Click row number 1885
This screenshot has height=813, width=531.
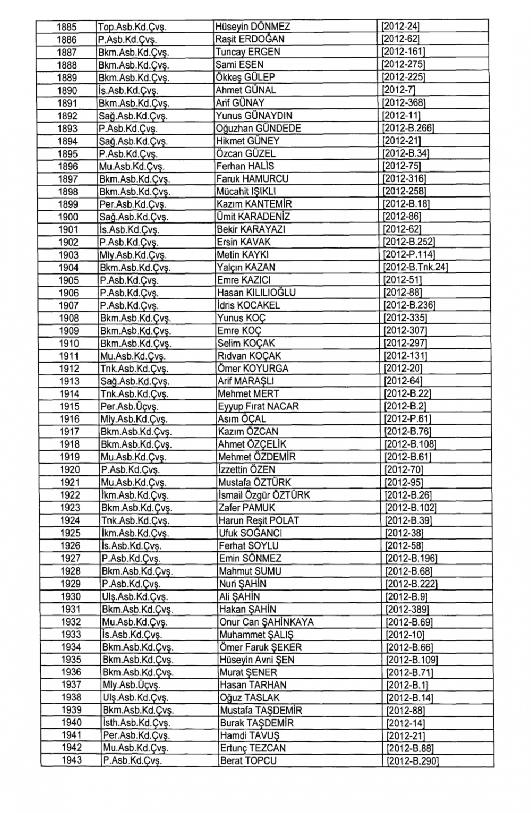coord(67,27)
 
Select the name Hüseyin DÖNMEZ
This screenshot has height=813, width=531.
coord(253,27)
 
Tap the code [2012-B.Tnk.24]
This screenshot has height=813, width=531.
coord(415,267)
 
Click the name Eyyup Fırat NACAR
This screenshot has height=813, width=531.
coord(258,406)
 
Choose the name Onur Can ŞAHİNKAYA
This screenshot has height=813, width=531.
coord(266,622)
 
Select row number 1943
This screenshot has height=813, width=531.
coord(71,760)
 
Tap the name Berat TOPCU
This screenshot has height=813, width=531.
coord(248,760)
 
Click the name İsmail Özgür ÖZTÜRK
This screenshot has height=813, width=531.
coord(264,495)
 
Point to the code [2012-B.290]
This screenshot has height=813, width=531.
coord(413,760)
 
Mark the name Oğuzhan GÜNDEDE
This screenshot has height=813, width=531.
coord(258,128)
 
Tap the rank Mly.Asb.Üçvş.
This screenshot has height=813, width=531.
coord(128,685)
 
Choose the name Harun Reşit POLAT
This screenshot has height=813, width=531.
coord(259,520)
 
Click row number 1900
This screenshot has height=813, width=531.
coord(68,217)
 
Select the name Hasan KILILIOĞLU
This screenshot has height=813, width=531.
coord(256,293)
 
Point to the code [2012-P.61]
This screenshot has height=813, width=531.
coord(407,419)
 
